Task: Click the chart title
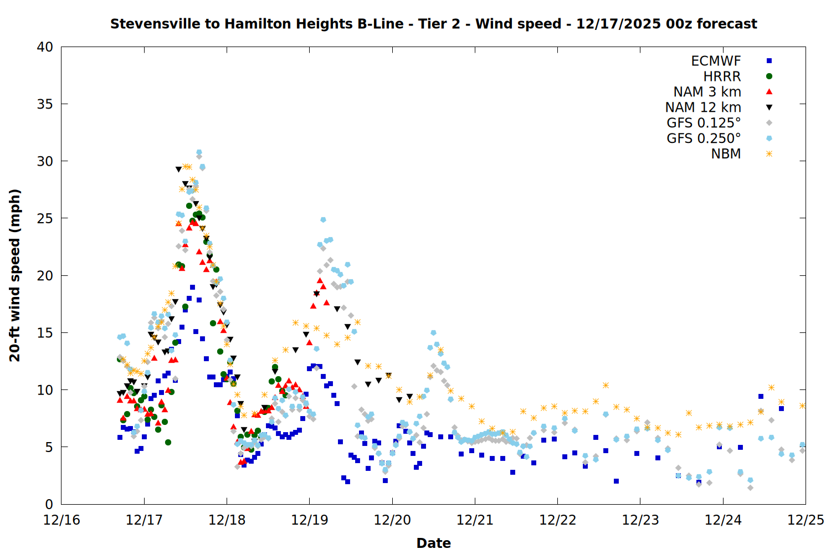click(433, 24)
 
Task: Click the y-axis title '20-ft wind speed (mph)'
click(15, 275)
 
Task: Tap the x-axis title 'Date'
click(433, 543)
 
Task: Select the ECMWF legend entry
click(716, 61)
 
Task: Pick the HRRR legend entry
click(722, 76)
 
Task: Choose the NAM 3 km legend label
click(707, 92)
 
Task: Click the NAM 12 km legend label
click(703, 107)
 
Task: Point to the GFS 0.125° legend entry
click(704, 123)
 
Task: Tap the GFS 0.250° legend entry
click(704, 138)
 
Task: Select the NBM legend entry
click(726, 154)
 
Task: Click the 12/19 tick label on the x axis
click(309, 520)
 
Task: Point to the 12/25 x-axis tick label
click(806, 520)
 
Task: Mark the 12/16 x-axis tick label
click(61, 520)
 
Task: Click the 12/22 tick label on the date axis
click(557, 520)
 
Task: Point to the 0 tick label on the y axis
click(49, 504)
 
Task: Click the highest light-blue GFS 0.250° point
click(199, 152)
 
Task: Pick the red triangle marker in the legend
click(769, 92)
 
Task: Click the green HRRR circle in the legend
click(769, 76)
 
